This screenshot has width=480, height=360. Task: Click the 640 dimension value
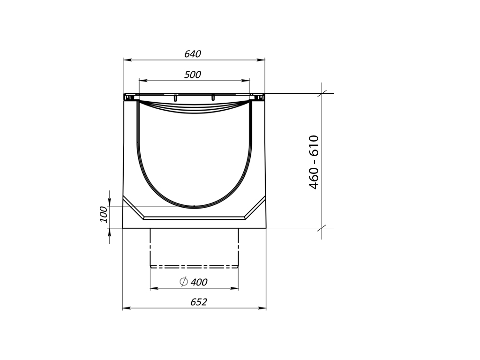193,54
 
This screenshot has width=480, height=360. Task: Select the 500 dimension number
193,75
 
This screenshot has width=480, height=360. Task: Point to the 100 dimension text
104,214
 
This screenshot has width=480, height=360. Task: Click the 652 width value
199,302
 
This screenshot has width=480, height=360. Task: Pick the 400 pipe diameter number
199,282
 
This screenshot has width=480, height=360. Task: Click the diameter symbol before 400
183,281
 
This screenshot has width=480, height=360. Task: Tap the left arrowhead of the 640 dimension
127,60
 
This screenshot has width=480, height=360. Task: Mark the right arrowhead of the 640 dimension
261,60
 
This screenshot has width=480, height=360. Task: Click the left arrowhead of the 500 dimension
143,81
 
